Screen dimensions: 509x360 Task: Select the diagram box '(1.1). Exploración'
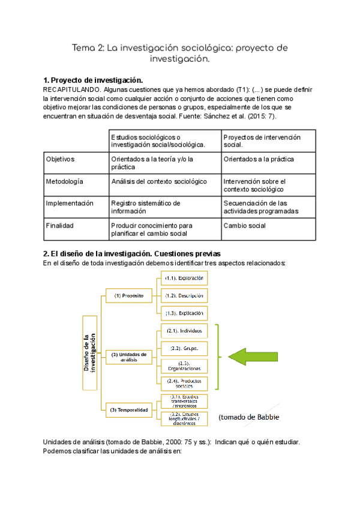click(185, 278)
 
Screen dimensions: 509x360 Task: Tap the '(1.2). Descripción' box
click(185, 295)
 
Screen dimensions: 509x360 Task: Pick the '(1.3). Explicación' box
click(185, 313)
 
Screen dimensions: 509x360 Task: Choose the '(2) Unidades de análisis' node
click(128, 357)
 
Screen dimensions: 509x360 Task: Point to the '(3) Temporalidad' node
click(128, 410)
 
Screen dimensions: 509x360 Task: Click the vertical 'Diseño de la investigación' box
click(89, 353)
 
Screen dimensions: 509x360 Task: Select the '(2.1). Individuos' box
click(185, 331)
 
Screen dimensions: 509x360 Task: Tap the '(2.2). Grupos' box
click(185, 348)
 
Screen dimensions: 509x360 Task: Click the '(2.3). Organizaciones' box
click(185, 366)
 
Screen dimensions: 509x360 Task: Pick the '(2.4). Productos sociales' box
click(185, 384)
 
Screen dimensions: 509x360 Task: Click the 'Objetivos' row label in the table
click(60, 159)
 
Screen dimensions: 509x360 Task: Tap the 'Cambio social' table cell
click(244, 226)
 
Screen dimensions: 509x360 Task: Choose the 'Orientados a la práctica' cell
click(259, 159)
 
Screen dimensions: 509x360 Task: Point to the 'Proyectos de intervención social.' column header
click(262, 141)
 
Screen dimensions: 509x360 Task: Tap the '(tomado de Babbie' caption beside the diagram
click(249, 417)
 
